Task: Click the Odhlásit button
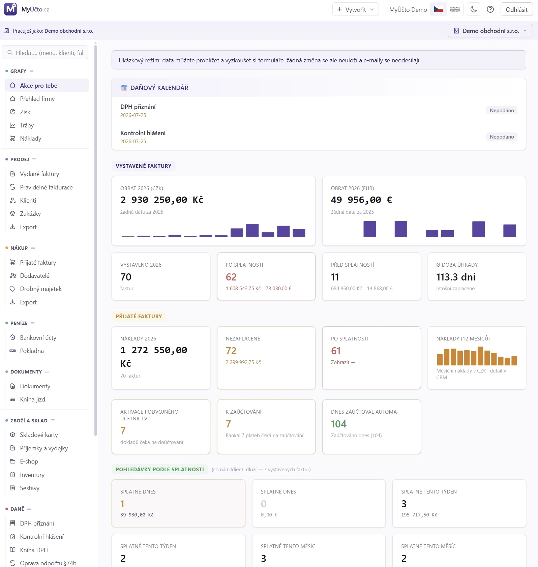pyautogui.click(x=516, y=9)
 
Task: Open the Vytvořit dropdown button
pyautogui.click(x=355, y=9)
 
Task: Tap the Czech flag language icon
pyautogui.click(x=439, y=9)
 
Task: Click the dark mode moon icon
pyautogui.click(x=474, y=9)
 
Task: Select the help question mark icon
pyautogui.click(x=490, y=9)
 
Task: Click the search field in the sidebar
pyautogui.click(x=45, y=53)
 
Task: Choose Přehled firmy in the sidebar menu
pyautogui.click(x=37, y=99)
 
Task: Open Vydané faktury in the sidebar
pyautogui.click(x=39, y=174)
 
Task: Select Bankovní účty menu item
pyautogui.click(x=38, y=338)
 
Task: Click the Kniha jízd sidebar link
pyautogui.click(x=32, y=399)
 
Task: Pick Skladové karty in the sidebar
pyautogui.click(x=39, y=435)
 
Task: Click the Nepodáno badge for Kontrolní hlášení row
pyautogui.click(x=502, y=137)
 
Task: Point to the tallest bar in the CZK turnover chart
pyautogui.click(x=252, y=230)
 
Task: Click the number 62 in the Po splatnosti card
pyautogui.click(x=231, y=277)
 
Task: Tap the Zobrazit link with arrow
pyautogui.click(x=343, y=362)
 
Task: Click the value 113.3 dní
pyautogui.click(x=456, y=277)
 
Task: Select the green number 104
pyautogui.click(x=338, y=424)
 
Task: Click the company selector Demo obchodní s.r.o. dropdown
pyautogui.click(x=490, y=31)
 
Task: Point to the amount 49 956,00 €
pyautogui.click(x=361, y=200)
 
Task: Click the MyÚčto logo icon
pyautogui.click(x=10, y=9)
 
